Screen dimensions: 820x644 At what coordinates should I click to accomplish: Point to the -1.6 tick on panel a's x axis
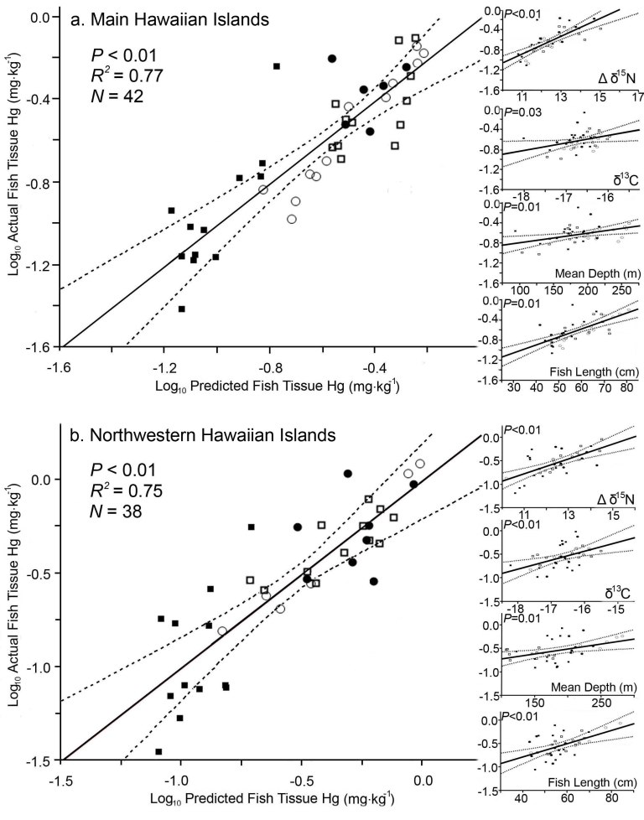point(60,366)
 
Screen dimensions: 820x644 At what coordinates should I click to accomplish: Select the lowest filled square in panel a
point(182,309)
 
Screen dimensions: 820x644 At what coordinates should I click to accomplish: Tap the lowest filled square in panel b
point(158,751)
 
